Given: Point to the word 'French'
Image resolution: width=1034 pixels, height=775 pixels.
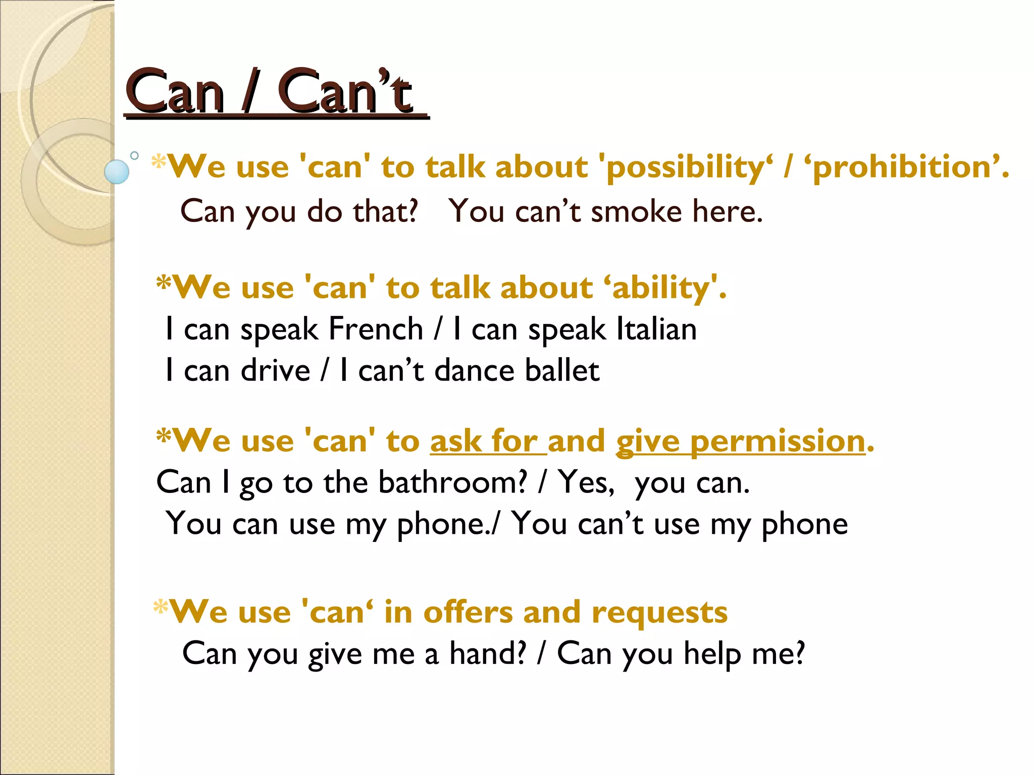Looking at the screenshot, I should (376, 329).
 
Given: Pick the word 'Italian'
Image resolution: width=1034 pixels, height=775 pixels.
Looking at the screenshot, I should (656, 329).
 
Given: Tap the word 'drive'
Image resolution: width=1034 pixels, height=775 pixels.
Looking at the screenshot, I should (275, 371).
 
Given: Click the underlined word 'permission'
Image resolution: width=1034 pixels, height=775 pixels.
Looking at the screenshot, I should (778, 441).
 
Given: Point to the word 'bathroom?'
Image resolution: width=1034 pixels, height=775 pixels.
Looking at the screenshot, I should (452, 483).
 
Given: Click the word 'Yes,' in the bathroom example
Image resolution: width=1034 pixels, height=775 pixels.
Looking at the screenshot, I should (586, 483).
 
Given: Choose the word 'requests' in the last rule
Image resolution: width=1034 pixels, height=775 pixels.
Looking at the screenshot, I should (659, 613).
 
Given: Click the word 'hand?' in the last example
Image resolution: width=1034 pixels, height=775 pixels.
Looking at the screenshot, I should (488, 654).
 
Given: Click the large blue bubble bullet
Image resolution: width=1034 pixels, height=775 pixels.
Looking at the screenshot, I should (117, 172).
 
